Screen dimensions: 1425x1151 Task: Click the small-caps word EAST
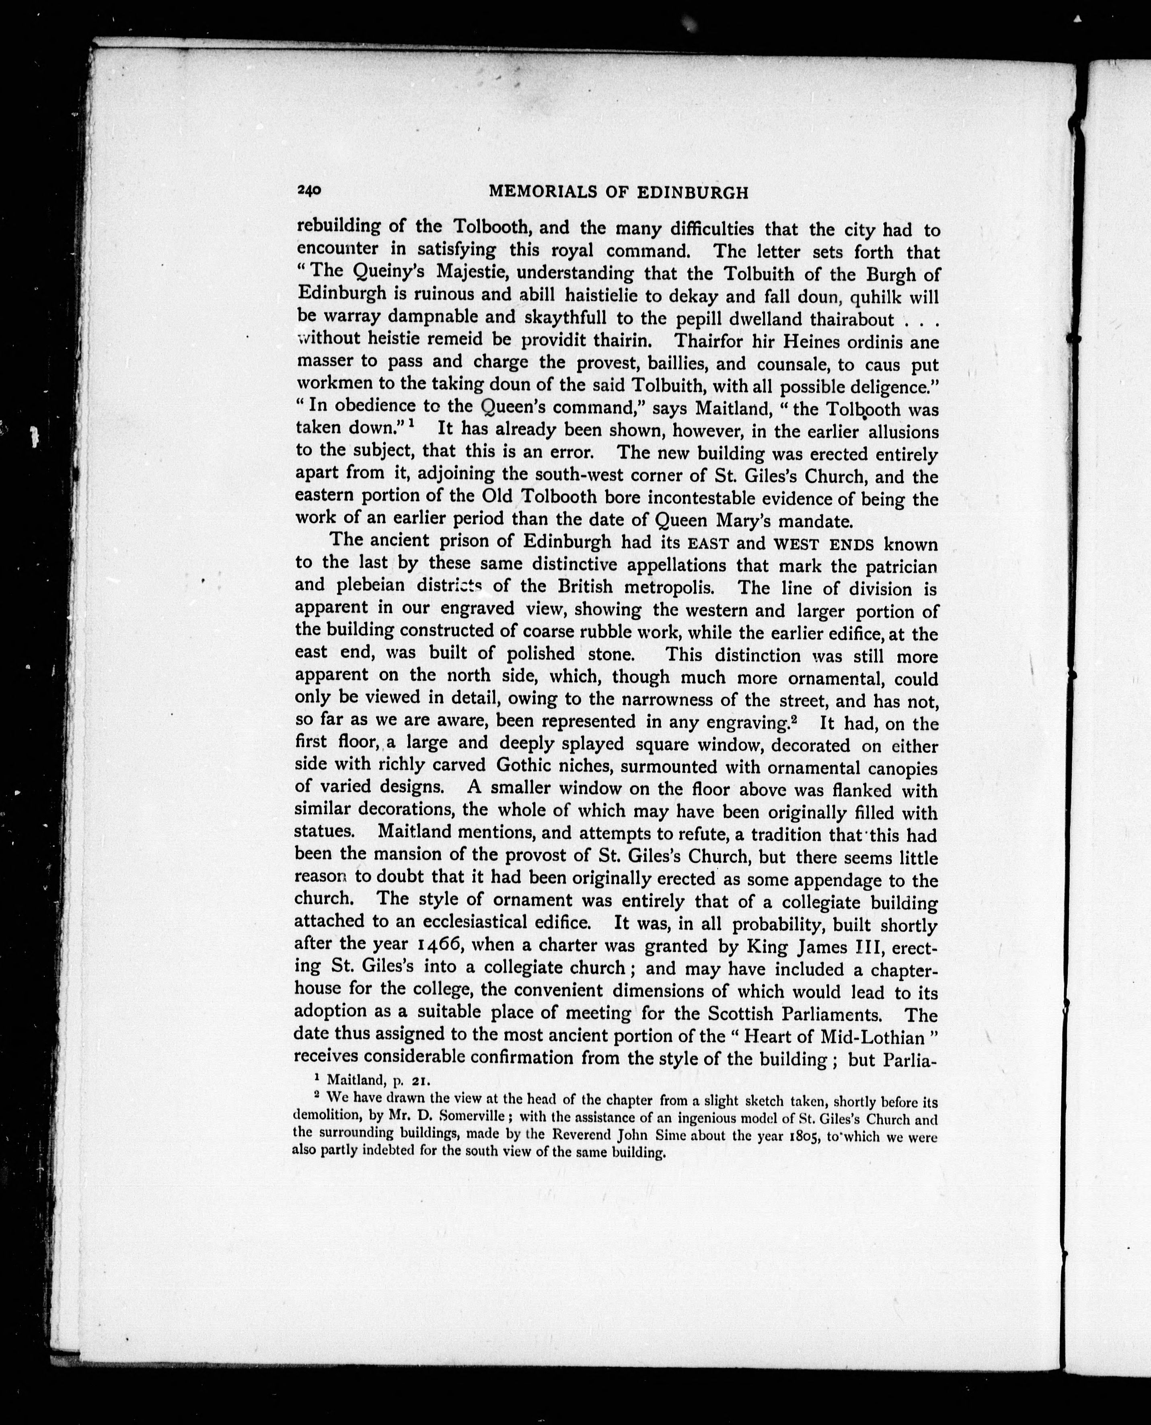click(708, 544)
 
